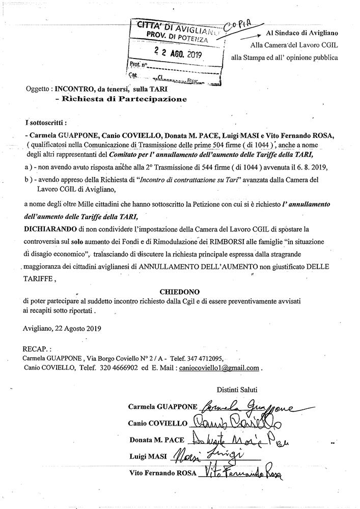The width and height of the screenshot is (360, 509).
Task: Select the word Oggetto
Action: pyautogui.click(x=38, y=89)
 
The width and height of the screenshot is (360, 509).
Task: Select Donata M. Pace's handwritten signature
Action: pyautogui.click(x=237, y=439)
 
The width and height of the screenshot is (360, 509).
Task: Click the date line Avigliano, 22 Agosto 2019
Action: pyautogui.click(x=62, y=328)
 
